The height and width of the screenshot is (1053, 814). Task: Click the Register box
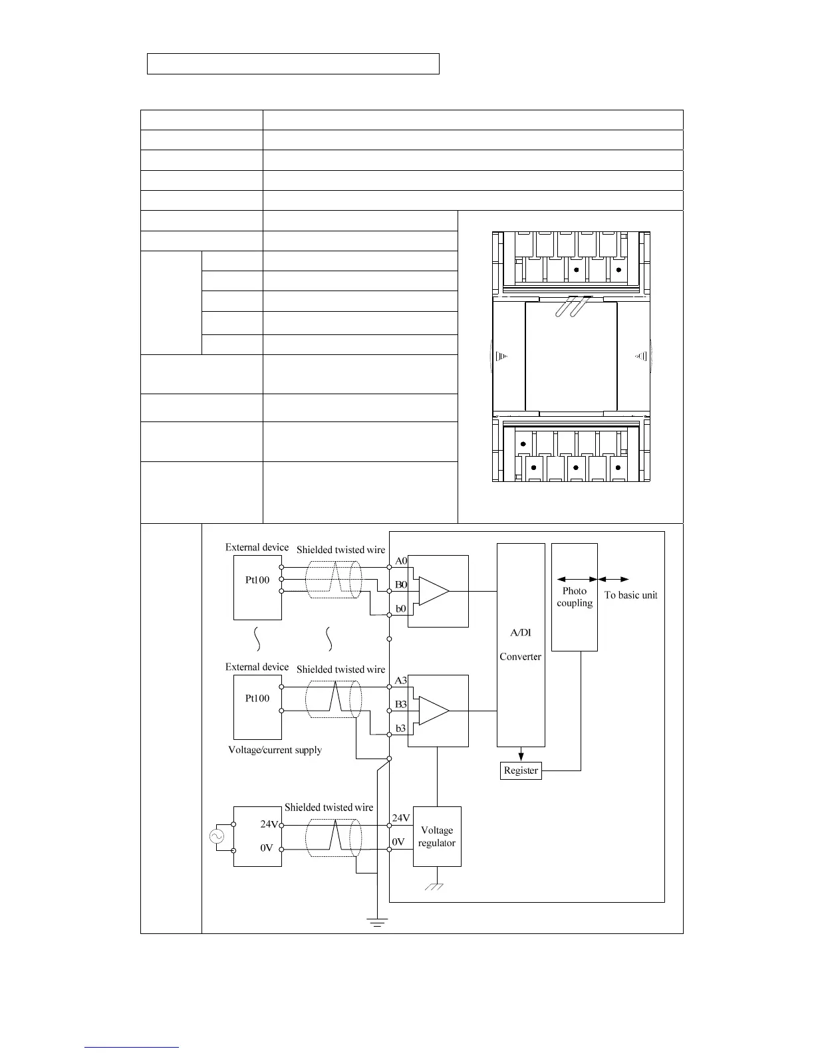pos(521,770)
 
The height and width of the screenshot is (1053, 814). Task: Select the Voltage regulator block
pos(437,836)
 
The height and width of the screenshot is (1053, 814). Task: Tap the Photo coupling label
pos(575,596)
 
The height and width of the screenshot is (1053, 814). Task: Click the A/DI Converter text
pos(520,644)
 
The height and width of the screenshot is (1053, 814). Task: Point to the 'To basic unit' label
pos(630,595)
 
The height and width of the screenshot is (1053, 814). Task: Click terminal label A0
pos(401,560)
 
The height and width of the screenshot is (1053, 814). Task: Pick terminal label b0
pos(400,609)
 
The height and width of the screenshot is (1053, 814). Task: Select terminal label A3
pos(400,680)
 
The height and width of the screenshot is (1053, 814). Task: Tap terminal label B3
pos(400,704)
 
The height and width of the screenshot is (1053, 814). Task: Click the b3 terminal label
pos(400,729)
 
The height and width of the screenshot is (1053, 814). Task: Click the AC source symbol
pos(216,836)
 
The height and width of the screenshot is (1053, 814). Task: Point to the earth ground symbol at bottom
pos(377,922)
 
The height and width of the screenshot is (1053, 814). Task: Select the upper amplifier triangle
pos(434,591)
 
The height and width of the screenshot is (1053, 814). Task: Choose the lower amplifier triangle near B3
pos(434,711)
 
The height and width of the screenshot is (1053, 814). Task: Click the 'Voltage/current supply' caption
pos(275,750)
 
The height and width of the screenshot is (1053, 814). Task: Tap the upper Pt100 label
pos(257,580)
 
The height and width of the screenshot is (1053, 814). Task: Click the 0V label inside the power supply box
pos(267,848)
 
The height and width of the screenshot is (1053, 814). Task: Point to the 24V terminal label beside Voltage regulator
pos(401,818)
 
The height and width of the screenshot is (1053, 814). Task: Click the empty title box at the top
pos(293,63)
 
